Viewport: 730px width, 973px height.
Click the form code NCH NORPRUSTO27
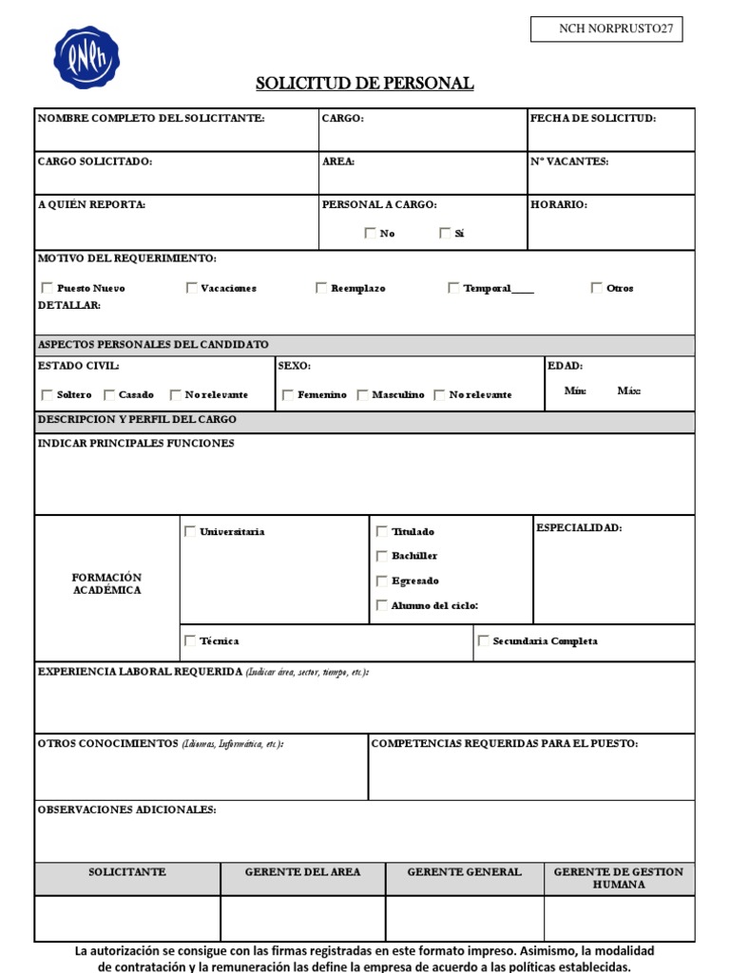tap(606, 29)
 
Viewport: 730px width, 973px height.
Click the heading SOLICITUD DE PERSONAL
tap(364, 84)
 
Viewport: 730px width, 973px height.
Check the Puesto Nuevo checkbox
tap(48, 288)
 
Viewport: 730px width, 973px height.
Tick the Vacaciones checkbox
tap(192, 288)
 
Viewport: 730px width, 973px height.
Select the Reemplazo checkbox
tap(322, 288)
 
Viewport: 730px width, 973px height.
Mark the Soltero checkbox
tap(48, 394)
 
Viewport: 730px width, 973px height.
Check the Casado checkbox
tap(109, 394)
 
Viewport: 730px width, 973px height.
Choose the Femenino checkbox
tap(288, 394)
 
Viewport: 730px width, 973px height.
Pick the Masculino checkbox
tap(363, 394)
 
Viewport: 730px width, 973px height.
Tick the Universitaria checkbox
tap(190, 532)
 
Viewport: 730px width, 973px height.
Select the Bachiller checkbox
tap(382, 556)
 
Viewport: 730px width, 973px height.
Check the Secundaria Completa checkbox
tap(484, 641)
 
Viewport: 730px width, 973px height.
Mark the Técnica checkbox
tap(190, 641)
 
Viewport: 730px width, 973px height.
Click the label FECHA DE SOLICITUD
tap(593, 119)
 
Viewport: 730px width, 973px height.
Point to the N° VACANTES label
tap(570, 162)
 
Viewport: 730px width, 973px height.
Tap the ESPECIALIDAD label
tap(579, 528)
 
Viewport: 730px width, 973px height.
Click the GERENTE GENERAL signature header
tap(464, 872)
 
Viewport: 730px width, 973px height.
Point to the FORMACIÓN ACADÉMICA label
tap(106, 583)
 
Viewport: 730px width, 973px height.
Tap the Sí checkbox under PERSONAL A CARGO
tap(445, 233)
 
